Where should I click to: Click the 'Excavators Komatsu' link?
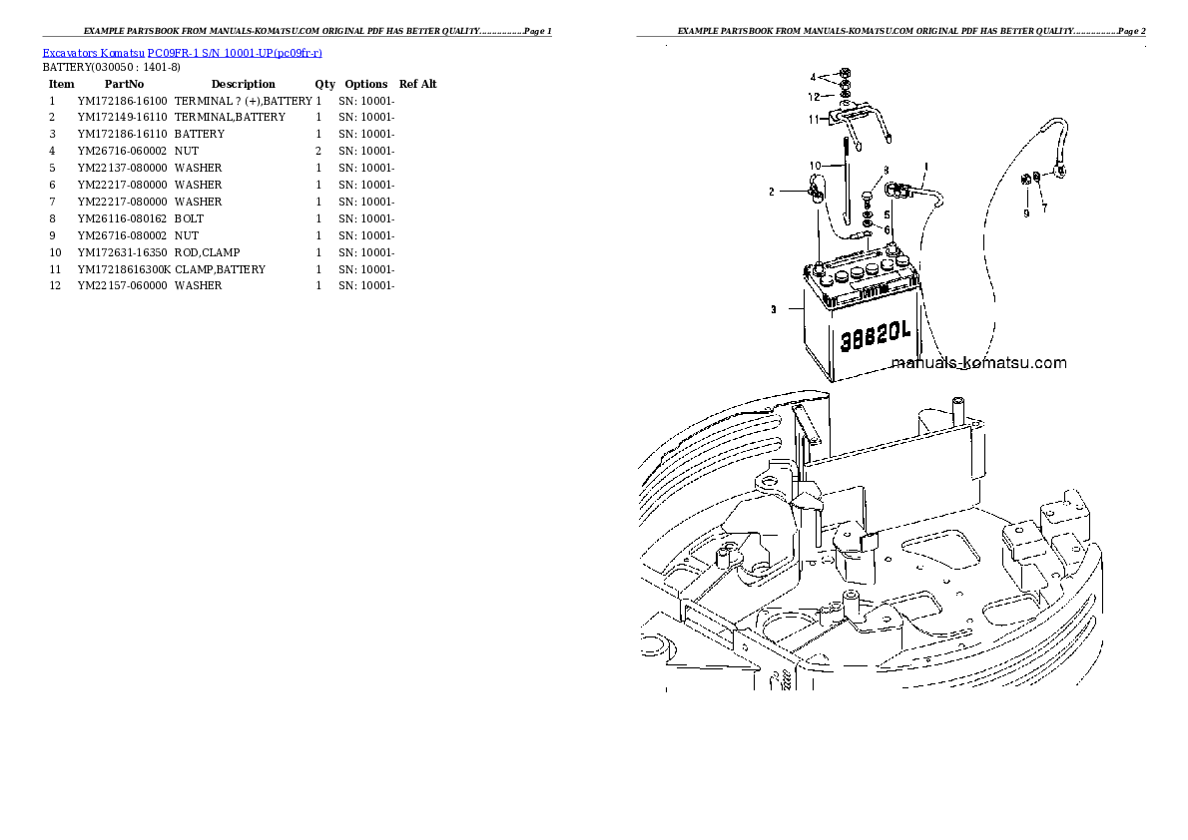click(93, 53)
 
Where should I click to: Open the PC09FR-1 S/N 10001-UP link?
click(235, 53)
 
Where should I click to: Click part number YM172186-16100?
click(122, 101)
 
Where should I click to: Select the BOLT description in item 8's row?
click(190, 218)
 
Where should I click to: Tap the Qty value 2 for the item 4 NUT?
click(318, 151)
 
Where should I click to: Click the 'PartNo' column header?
click(124, 84)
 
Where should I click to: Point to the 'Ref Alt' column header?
click(418, 84)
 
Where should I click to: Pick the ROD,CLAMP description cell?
click(207, 252)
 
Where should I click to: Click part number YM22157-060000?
click(122, 285)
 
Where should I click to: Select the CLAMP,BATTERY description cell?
click(221, 269)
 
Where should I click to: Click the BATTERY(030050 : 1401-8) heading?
click(112, 68)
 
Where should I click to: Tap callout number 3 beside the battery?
click(773, 309)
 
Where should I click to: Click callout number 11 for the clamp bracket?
click(814, 119)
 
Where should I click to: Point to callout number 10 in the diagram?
click(816, 166)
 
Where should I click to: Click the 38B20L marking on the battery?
click(876, 335)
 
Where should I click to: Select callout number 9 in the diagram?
click(1026, 213)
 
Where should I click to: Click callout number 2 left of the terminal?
click(772, 192)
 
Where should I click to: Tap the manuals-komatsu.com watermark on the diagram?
click(979, 363)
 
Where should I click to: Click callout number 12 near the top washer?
click(814, 97)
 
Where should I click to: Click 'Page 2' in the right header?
click(1132, 31)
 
